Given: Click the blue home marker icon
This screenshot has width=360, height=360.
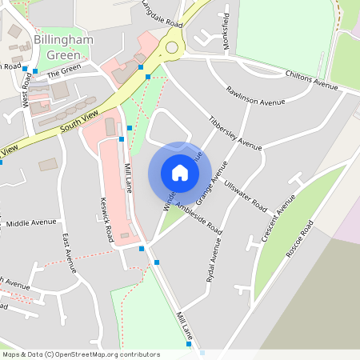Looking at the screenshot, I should click(180, 173).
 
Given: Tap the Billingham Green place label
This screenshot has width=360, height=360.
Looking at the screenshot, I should click(63, 47).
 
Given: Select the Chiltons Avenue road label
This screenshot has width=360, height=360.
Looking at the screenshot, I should click(311, 78).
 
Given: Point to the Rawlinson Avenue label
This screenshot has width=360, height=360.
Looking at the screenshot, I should click(255, 96).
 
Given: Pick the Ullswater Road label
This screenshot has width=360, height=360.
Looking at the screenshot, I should click(246, 193).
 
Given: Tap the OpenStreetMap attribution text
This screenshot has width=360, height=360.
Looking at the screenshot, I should click(81, 354).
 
